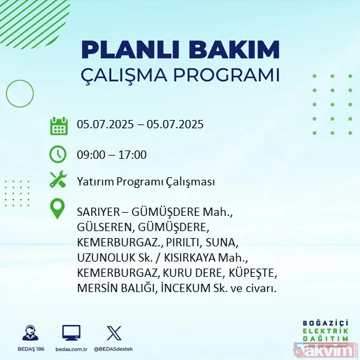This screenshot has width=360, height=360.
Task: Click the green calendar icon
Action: tap(58, 125)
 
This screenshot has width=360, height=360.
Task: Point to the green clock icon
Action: tap(58, 154)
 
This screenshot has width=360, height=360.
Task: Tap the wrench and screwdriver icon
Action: tap(58, 180)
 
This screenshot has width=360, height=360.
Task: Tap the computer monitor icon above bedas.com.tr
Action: tap(71, 333)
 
